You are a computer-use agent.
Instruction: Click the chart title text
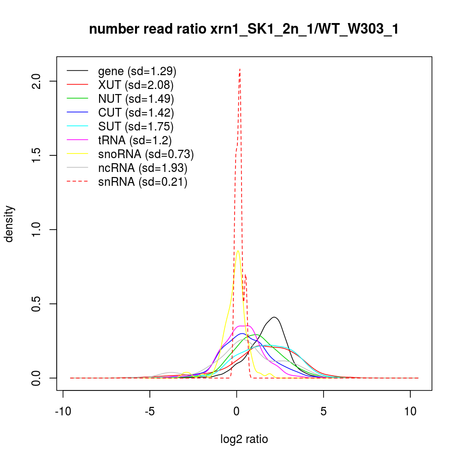[x=244, y=30]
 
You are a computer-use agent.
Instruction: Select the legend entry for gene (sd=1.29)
[x=137, y=71]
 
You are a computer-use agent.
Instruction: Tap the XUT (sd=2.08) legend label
[x=136, y=85]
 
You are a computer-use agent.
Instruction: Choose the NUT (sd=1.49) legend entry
[x=136, y=99]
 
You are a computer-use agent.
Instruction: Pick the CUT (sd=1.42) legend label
[x=136, y=112]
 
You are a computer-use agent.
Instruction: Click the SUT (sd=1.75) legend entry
[x=136, y=126]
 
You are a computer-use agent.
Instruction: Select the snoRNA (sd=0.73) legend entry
[x=146, y=154]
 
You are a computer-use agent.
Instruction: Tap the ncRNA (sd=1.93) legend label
[x=143, y=168]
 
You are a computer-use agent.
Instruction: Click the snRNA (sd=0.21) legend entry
[x=142, y=182]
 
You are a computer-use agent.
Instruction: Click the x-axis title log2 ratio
[x=244, y=439]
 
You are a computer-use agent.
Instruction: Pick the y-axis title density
[x=10, y=224]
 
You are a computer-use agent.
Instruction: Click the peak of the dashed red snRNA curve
[x=240, y=69]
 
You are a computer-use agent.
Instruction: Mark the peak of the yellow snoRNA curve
[x=238, y=251]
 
